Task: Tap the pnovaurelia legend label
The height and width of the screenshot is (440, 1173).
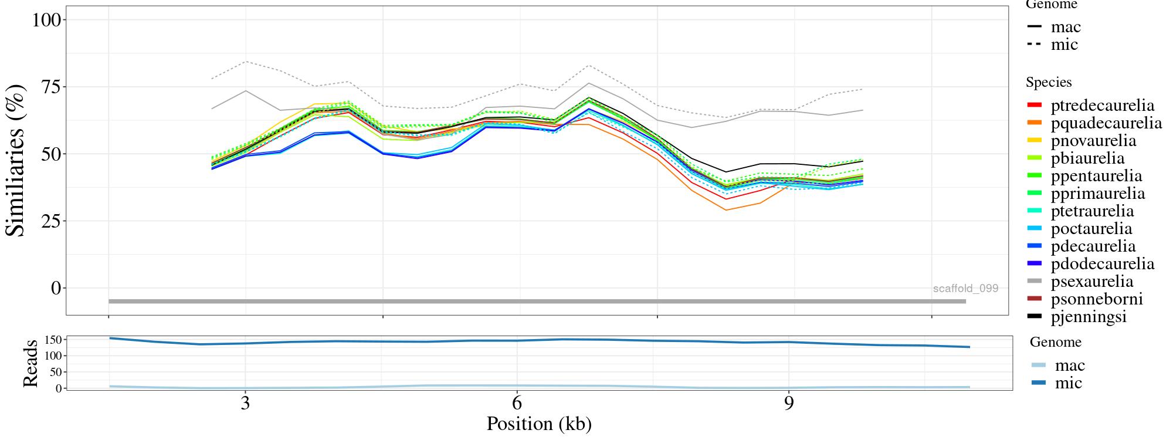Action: coord(1093,141)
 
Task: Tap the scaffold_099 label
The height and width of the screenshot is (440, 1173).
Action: coord(965,289)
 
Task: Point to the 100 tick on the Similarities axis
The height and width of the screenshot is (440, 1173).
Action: coord(46,20)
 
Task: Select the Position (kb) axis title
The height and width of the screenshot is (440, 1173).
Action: coord(539,424)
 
